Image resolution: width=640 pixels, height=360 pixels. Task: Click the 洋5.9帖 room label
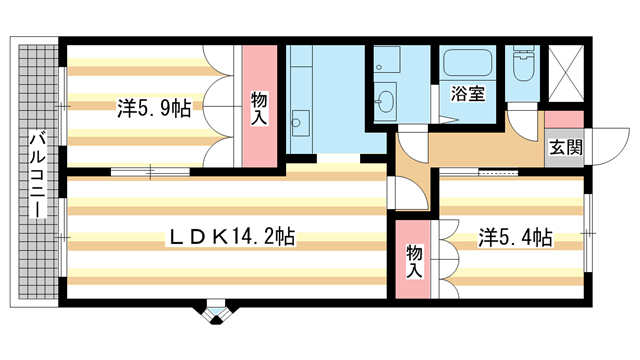(x=154, y=108)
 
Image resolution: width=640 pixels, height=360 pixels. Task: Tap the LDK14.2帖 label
(x=231, y=236)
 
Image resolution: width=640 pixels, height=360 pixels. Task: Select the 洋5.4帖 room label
(x=516, y=238)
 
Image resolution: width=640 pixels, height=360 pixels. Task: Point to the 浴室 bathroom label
(x=468, y=93)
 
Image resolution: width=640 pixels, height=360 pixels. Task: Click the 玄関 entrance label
(x=565, y=147)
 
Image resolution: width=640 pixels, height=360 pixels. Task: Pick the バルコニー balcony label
(x=38, y=173)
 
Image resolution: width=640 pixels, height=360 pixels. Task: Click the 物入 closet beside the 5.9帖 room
(x=260, y=106)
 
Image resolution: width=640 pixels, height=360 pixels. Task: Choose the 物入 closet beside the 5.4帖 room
(x=413, y=259)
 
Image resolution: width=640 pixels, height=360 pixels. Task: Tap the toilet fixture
(x=522, y=63)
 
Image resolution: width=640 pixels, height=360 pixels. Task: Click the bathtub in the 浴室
(x=468, y=63)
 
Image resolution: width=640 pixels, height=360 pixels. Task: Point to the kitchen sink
(x=300, y=123)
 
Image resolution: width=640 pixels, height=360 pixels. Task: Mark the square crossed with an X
(x=566, y=73)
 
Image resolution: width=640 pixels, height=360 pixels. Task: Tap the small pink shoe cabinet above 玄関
(x=564, y=120)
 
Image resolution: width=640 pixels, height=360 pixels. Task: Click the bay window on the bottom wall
(x=216, y=313)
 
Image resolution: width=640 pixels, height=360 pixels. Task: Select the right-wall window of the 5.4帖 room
(x=588, y=233)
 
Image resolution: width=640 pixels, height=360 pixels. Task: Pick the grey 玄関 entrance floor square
(x=564, y=147)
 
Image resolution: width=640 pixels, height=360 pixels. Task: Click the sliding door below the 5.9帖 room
(x=151, y=172)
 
